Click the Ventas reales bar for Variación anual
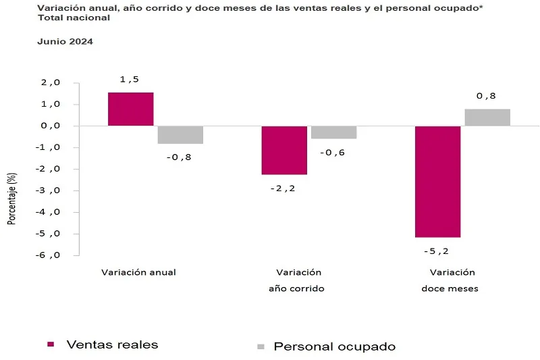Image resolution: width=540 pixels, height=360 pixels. (x=130, y=109)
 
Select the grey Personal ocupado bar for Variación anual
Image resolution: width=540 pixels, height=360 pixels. (x=180, y=134)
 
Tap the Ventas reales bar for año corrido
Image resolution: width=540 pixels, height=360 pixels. (x=284, y=150)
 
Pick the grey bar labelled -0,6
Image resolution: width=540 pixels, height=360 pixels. (x=333, y=132)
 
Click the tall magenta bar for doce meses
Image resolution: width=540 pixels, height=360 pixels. (x=437, y=181)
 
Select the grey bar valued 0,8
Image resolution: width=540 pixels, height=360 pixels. (x=487, y=118)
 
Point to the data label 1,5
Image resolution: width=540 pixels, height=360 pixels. (x=129, y=80)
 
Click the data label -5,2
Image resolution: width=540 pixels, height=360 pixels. (x=437, y=251)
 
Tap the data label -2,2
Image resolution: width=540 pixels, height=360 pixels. (x=283, y=188)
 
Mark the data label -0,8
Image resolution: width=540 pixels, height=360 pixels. (x=180, y=157)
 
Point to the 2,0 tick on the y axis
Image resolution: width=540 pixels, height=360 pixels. (x=51, y=83)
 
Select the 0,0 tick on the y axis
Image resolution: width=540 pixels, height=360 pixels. (x=51, y=126)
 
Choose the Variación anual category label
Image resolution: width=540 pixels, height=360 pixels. (x=138, y=272)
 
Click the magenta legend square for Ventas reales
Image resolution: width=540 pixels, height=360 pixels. (x=51, y=344)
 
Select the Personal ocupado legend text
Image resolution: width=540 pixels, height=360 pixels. (x=334, y=346)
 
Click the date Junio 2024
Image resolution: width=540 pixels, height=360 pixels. (x=65, y=41)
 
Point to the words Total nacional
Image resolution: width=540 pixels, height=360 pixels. (x=74, y=18)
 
